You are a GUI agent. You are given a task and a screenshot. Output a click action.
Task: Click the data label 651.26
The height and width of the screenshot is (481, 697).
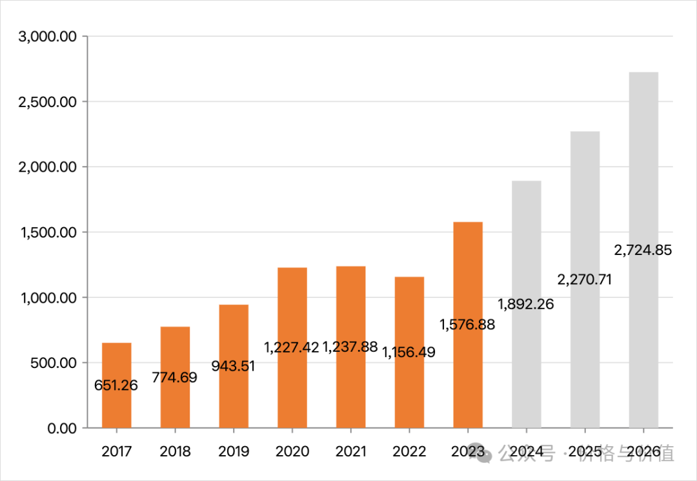[116, 385]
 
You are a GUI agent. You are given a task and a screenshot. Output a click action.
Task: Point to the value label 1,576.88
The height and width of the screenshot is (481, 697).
[468, 324]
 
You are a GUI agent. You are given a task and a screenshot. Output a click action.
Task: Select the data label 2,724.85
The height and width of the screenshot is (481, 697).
[643, 250]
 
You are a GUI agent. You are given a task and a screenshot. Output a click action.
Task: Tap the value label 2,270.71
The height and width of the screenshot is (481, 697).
[584, 280]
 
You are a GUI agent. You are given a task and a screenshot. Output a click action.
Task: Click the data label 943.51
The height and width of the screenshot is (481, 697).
[234, 366]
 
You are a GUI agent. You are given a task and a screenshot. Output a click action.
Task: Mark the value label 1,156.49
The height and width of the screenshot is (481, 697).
[409, 352]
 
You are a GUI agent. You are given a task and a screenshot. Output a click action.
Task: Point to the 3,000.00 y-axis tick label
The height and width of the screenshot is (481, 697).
[48, 37]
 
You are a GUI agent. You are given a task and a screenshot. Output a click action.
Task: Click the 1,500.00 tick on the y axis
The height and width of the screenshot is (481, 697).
[48, 232]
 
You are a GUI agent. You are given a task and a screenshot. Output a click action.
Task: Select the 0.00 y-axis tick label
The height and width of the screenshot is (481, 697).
[61, 428]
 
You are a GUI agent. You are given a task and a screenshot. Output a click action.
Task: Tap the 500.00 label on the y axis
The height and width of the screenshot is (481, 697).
[53, 363]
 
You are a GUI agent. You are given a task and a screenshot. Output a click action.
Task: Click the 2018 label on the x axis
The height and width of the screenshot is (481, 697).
[175, 451]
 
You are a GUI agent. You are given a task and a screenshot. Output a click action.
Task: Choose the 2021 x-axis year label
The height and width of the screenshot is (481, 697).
[350, 451]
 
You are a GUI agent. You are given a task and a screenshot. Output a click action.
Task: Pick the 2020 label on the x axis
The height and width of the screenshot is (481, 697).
[292, 451]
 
